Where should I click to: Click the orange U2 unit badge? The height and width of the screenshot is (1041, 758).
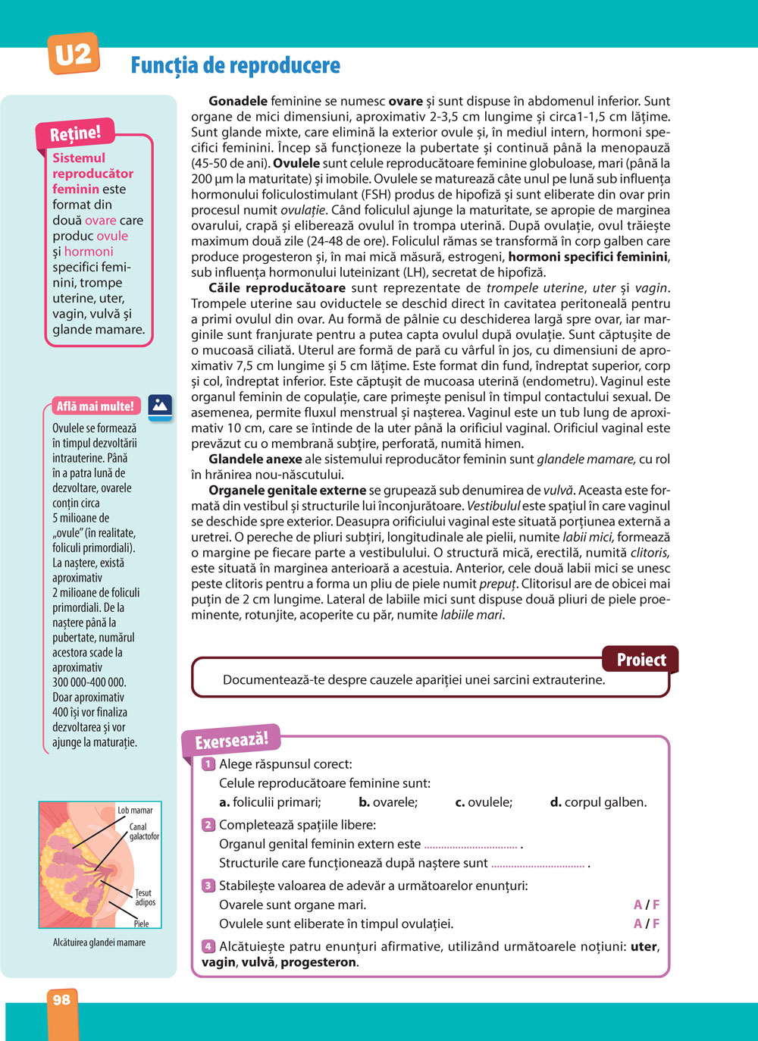[x=74, y=54]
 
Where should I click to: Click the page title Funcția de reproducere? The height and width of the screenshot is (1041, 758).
[x=235, y=65]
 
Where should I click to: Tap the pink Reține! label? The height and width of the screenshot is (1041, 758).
[x=75, y=134]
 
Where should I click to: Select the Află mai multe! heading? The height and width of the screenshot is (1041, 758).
[x=95, y=406]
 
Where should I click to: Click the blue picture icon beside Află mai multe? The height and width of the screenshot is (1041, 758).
[x=160, y=406]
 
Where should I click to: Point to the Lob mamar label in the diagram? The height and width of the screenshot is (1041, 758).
[x=135, y=811]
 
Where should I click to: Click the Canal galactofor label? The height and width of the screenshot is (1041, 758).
[x=144, y=832]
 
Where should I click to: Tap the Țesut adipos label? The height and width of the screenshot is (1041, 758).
[x=145, y=898]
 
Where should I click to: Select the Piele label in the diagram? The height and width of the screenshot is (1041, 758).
[x=141, y=923]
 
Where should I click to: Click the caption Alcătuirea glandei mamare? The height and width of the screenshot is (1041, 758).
[x=99, y=942]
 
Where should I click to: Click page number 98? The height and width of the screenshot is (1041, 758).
[x=61, y=1000]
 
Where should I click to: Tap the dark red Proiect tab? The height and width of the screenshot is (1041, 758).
[x=641, y=660]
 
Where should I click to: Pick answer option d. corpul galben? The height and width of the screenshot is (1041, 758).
[x=598, y=802]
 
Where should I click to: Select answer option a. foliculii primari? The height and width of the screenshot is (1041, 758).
[x=270, y=802]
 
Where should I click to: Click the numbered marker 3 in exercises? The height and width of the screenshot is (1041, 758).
[x=208, y=886]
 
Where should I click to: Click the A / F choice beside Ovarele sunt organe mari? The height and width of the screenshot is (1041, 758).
[x=647, y=905]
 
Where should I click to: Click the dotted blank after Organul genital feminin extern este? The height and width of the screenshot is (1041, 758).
[x=471, y=845]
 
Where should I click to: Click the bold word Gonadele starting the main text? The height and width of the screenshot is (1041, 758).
[x=238, y=101]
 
